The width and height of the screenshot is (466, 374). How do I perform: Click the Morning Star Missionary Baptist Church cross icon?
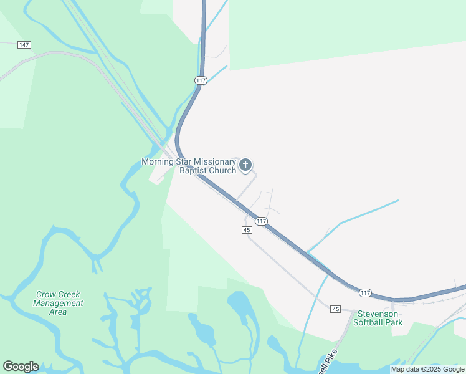click(x=245, y=165)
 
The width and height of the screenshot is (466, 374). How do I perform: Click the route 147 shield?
click(x=24, y=45)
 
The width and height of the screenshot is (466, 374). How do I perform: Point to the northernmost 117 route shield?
click(x=200, y=80)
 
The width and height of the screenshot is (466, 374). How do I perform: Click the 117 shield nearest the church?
click(x=261, y=221)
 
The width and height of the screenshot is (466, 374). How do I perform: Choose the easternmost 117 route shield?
click(x=365, y=292)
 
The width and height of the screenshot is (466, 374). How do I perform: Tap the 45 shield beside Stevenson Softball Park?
click(x=336, y=309)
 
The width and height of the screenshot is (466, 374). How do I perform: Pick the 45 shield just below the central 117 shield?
click(x=247, y=230)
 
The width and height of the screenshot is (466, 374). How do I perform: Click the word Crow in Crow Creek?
click(x=47, y=295)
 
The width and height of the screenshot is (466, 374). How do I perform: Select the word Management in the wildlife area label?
click(x=58, y=304)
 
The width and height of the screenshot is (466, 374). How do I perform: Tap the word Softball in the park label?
click(x=369, y=322)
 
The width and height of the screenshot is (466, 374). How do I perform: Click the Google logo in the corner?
click(x=21, y=367)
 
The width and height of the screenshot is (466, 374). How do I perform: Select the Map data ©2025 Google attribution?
click(x=427, y=370)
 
